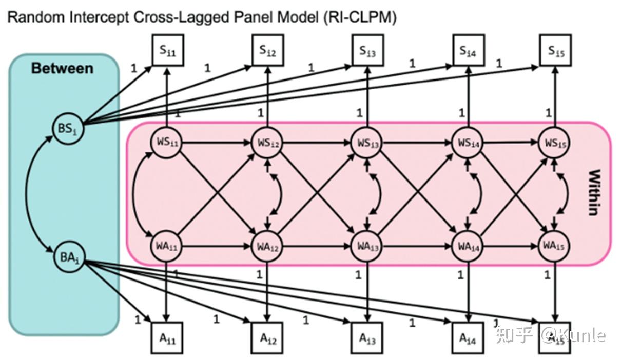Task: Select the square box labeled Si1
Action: [x=167, y=51]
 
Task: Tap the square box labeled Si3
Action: [x=367, y=51]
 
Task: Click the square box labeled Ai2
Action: [x=267, y=338]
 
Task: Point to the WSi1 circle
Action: [x=167, y=142]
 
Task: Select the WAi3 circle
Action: [x=367, y=247]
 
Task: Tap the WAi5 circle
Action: [x=554, y=247]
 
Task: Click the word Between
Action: [x=62, y=68]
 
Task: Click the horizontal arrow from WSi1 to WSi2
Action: [x=216, y=143]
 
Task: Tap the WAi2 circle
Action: [x=267, y=247]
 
